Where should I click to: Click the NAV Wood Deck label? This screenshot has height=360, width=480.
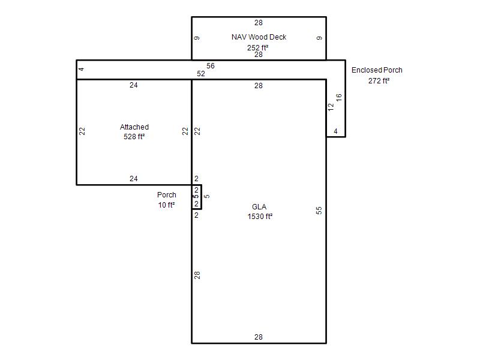point(259,37)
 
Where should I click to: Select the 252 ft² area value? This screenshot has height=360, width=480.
point(258,48)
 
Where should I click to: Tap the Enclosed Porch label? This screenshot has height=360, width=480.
point(377,70)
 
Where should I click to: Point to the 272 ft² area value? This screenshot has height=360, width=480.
point(379,81)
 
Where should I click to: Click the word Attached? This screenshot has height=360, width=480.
point(134,127)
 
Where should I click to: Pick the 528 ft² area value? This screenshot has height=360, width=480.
point(134,137)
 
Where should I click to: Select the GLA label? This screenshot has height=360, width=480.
point(259,207)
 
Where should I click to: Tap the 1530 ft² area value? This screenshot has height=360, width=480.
point(260,217)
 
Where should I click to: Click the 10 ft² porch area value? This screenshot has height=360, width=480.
point(167,205)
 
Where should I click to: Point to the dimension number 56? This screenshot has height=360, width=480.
point(211,66)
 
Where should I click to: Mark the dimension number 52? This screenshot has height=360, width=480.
point(201,74)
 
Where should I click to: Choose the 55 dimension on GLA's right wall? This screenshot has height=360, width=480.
point(319,211)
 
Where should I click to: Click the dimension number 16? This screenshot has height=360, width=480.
point(338,98)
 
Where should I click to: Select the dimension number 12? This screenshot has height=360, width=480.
point(331,107)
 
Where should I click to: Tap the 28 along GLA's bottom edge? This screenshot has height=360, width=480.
point(259,337)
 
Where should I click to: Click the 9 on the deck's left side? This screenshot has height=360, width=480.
point(197,38)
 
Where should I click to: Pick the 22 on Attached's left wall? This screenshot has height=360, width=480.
point(82,131)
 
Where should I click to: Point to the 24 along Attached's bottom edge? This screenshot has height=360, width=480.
point(133,178)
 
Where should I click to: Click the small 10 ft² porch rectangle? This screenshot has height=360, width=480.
point(201,197)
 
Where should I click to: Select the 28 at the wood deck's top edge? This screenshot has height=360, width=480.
point(259,23)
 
